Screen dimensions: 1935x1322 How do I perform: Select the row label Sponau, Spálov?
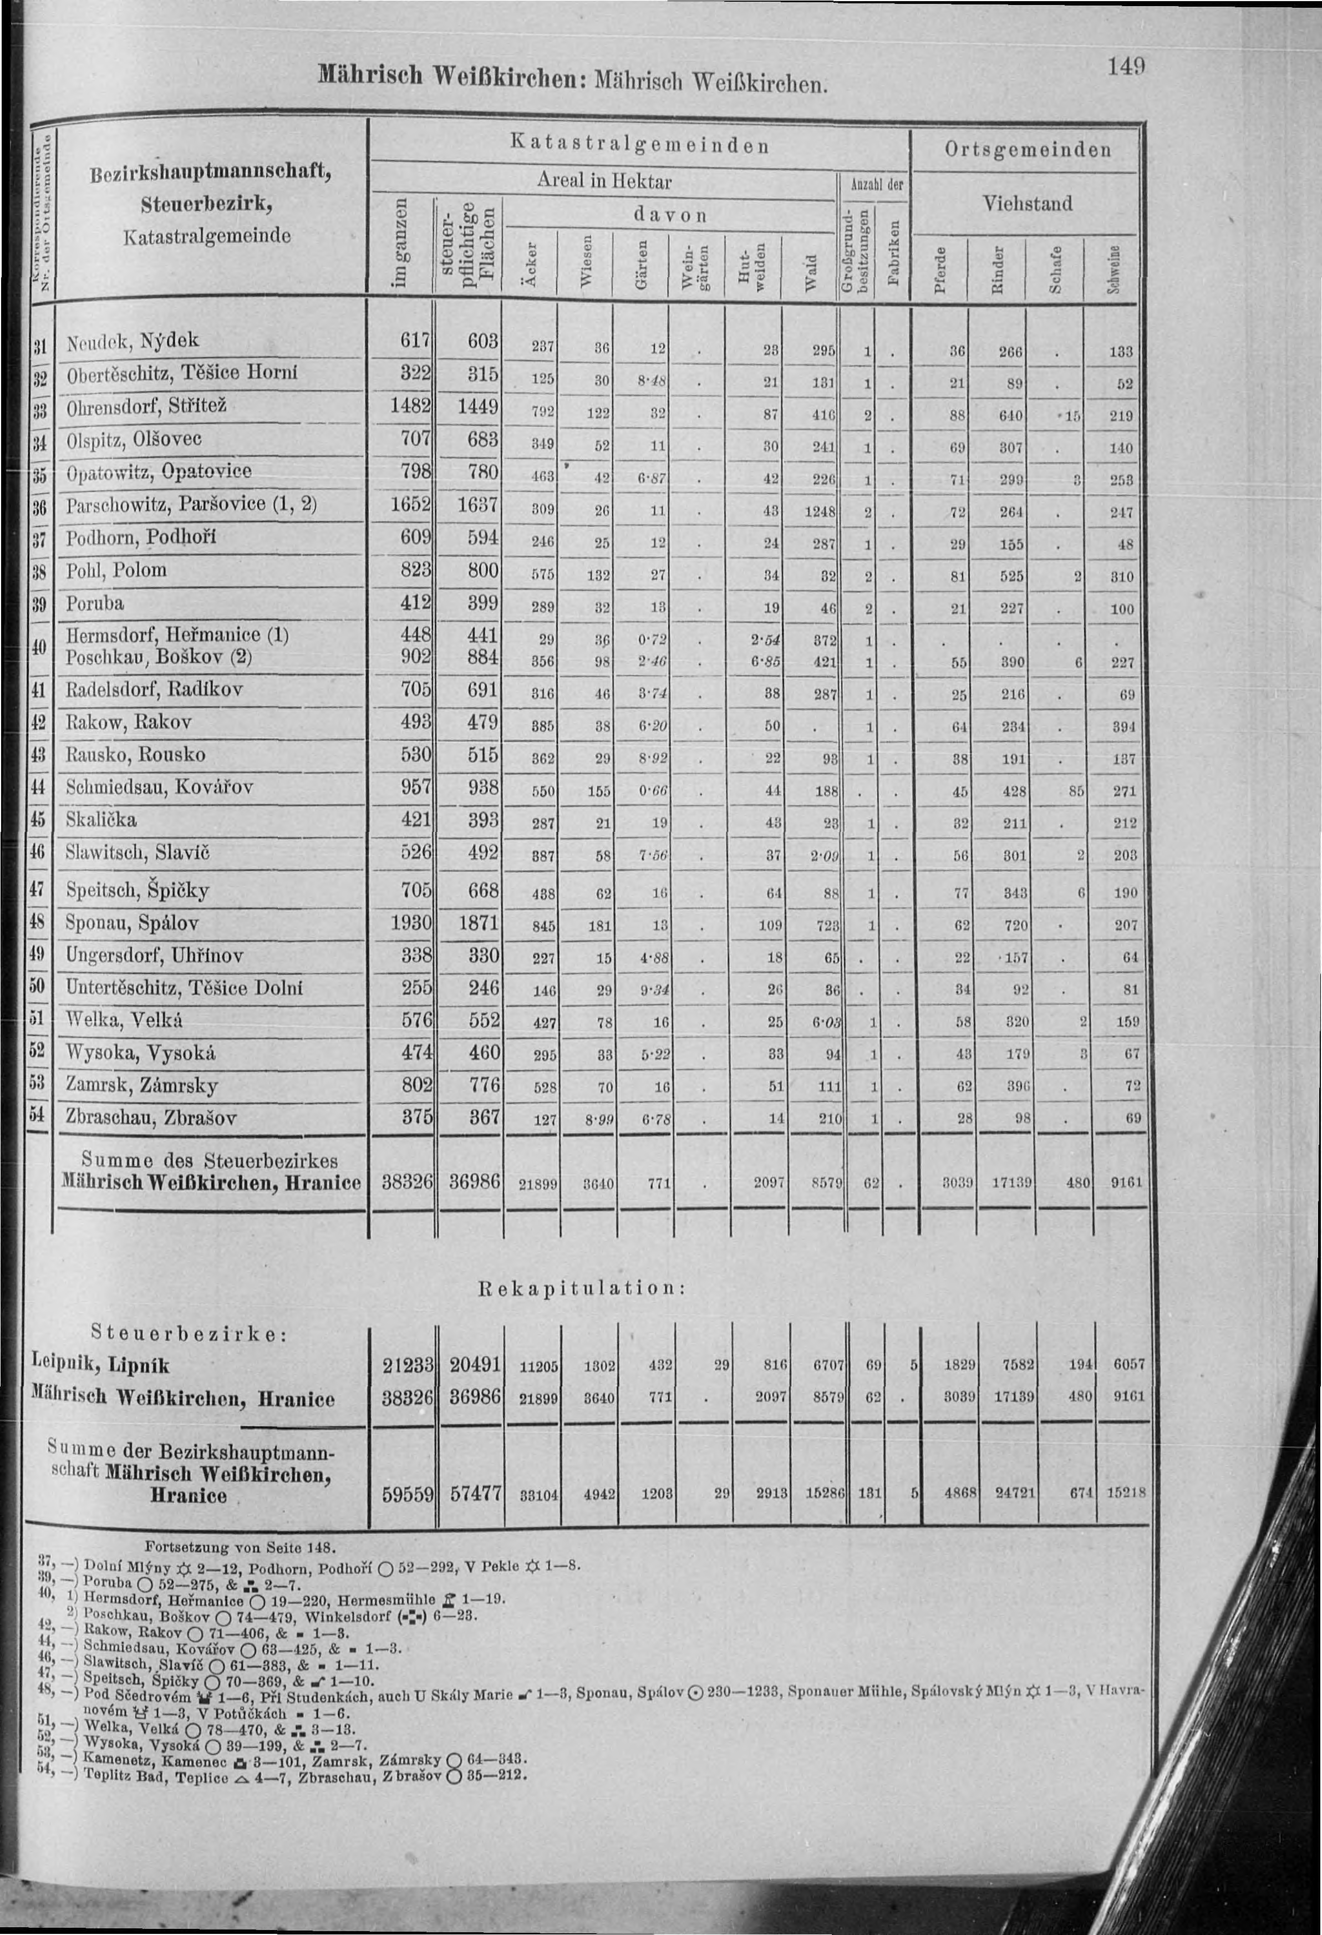[133, 922]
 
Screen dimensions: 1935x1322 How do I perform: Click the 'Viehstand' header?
[1028, 203]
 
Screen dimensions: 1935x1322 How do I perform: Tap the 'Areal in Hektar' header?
[604, 181]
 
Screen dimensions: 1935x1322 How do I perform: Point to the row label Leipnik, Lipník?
[101, 1365]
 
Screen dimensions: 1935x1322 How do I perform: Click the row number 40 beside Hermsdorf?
[38, 646]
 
